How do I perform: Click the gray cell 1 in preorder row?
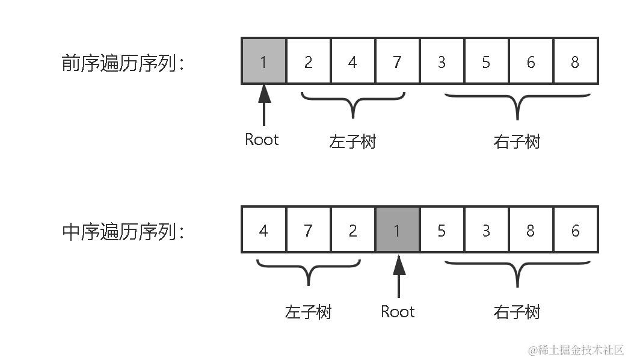click(263, 61)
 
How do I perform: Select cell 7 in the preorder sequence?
click(397, 61)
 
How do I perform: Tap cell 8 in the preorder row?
click(575, 61)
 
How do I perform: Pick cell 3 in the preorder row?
click(442, 61)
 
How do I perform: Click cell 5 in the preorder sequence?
click(486, 61)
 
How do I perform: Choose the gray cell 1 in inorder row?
click(397, 229)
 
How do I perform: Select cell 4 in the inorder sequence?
click(263, 229)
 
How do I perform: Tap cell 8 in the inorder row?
click(531, 229)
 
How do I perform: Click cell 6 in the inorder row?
click(575, 229)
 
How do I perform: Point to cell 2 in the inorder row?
click(352, 229)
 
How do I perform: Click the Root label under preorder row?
click(262, 140)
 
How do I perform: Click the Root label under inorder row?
click(398, 311)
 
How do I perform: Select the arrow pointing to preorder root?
click(263, 105)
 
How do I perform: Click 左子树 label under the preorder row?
click(352, 141)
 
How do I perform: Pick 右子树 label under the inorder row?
click(517, 312)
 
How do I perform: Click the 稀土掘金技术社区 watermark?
click(576, 350)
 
